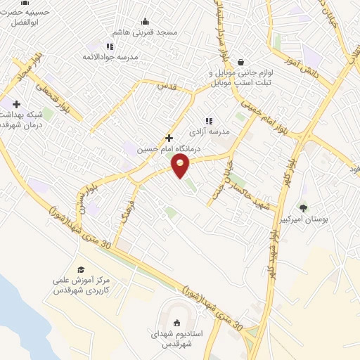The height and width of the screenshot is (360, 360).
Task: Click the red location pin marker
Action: pos(181,165)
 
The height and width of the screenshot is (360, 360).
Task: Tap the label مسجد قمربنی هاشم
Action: pos(146,32)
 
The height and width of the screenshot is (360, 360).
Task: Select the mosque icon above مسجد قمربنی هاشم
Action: pos(146,21)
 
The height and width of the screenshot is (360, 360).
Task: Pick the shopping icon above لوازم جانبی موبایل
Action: pos(241,62)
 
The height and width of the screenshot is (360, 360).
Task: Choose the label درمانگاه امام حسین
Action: pos(182,149)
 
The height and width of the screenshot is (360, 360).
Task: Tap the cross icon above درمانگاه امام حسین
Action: pos(169,138)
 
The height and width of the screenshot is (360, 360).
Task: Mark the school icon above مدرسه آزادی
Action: pos(208,121)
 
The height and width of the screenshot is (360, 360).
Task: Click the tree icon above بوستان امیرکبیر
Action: pos(303,207)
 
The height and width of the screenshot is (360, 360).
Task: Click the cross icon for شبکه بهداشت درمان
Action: pos(16,104)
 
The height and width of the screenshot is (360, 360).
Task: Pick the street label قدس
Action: pos(165,86)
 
